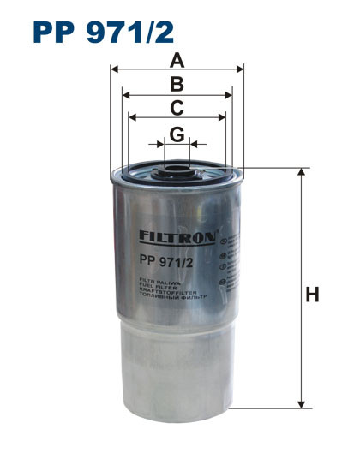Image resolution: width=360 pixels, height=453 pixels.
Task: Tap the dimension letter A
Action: tap(177, 60)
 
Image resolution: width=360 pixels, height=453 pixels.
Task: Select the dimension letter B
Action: tap(177, 84)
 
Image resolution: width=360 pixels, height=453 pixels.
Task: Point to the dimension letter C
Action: tap(177, 107)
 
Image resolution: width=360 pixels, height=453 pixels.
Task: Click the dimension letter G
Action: tap(177, 134)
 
